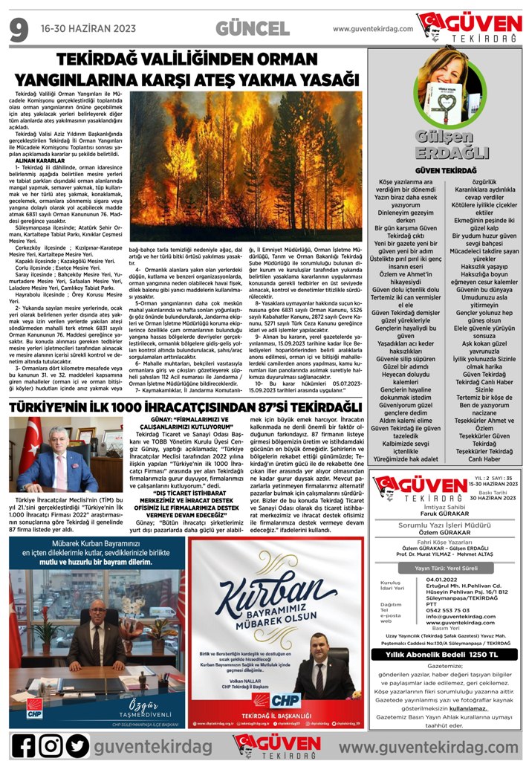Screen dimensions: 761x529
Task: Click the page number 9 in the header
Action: click(19, 29)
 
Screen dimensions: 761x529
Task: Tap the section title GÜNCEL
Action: click(253, 29)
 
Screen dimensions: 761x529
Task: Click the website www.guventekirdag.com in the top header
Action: click(372, 29)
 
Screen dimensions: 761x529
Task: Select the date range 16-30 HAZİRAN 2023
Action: click(88, 29)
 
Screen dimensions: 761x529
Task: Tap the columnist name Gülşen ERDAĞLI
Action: click(441, 145)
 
